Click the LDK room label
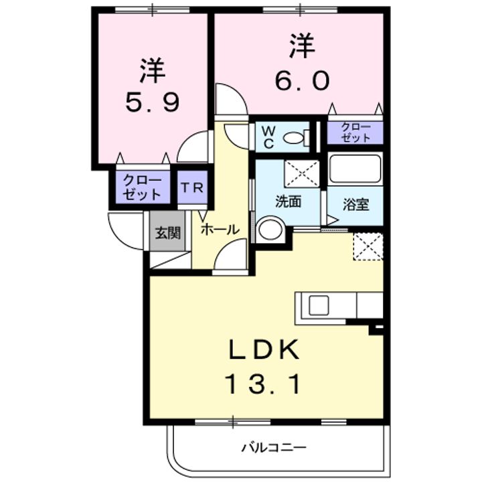(264, 349)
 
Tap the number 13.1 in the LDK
(264, 384)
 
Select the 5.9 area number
(152, 102)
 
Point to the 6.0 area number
(302, 81)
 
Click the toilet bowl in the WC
(293, 138)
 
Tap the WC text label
(268, 138)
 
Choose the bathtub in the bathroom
(355, 169)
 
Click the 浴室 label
(356, 204)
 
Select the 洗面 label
(288, 202)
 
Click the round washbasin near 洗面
(270, 230)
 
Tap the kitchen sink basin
(319, 305)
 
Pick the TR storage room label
(192, 187)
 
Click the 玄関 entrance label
(167, 233)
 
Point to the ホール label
(220, 230)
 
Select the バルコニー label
(274, 447)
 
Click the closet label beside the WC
(355, 133)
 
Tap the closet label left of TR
(142, 187)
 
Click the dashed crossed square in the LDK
(368, 246)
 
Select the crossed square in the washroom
(301, 173)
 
